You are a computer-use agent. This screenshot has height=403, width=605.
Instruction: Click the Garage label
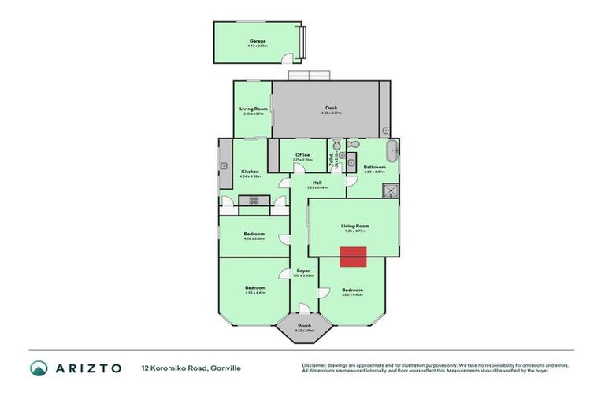tap(258, 41)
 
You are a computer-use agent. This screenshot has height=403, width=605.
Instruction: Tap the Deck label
tap(331, 108)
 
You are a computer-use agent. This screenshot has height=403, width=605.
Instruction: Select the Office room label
tap(302, 155)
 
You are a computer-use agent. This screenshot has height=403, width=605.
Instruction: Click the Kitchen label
tap(250, 172)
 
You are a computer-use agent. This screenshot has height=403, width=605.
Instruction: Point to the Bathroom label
tap(374, 167)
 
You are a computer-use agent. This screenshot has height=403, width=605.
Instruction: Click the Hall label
tap(316, 183)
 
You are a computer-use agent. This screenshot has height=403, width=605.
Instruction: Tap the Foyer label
tap(303, 271)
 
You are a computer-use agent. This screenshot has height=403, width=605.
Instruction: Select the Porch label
tap(303, 325)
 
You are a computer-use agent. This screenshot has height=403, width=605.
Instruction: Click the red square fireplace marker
tap(353, 257)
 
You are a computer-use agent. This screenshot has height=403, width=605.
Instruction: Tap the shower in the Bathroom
tap(388, 189)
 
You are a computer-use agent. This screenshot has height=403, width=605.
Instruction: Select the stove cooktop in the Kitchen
tap(254, 201)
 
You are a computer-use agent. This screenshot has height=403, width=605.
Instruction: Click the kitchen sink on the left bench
tap(224, 165)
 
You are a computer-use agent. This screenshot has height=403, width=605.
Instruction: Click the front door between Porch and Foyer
tap(303, 309)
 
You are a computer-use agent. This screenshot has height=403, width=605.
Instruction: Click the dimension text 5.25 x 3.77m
tap(354, 231)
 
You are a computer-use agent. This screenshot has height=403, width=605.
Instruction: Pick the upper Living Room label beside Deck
tap(253, 109)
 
